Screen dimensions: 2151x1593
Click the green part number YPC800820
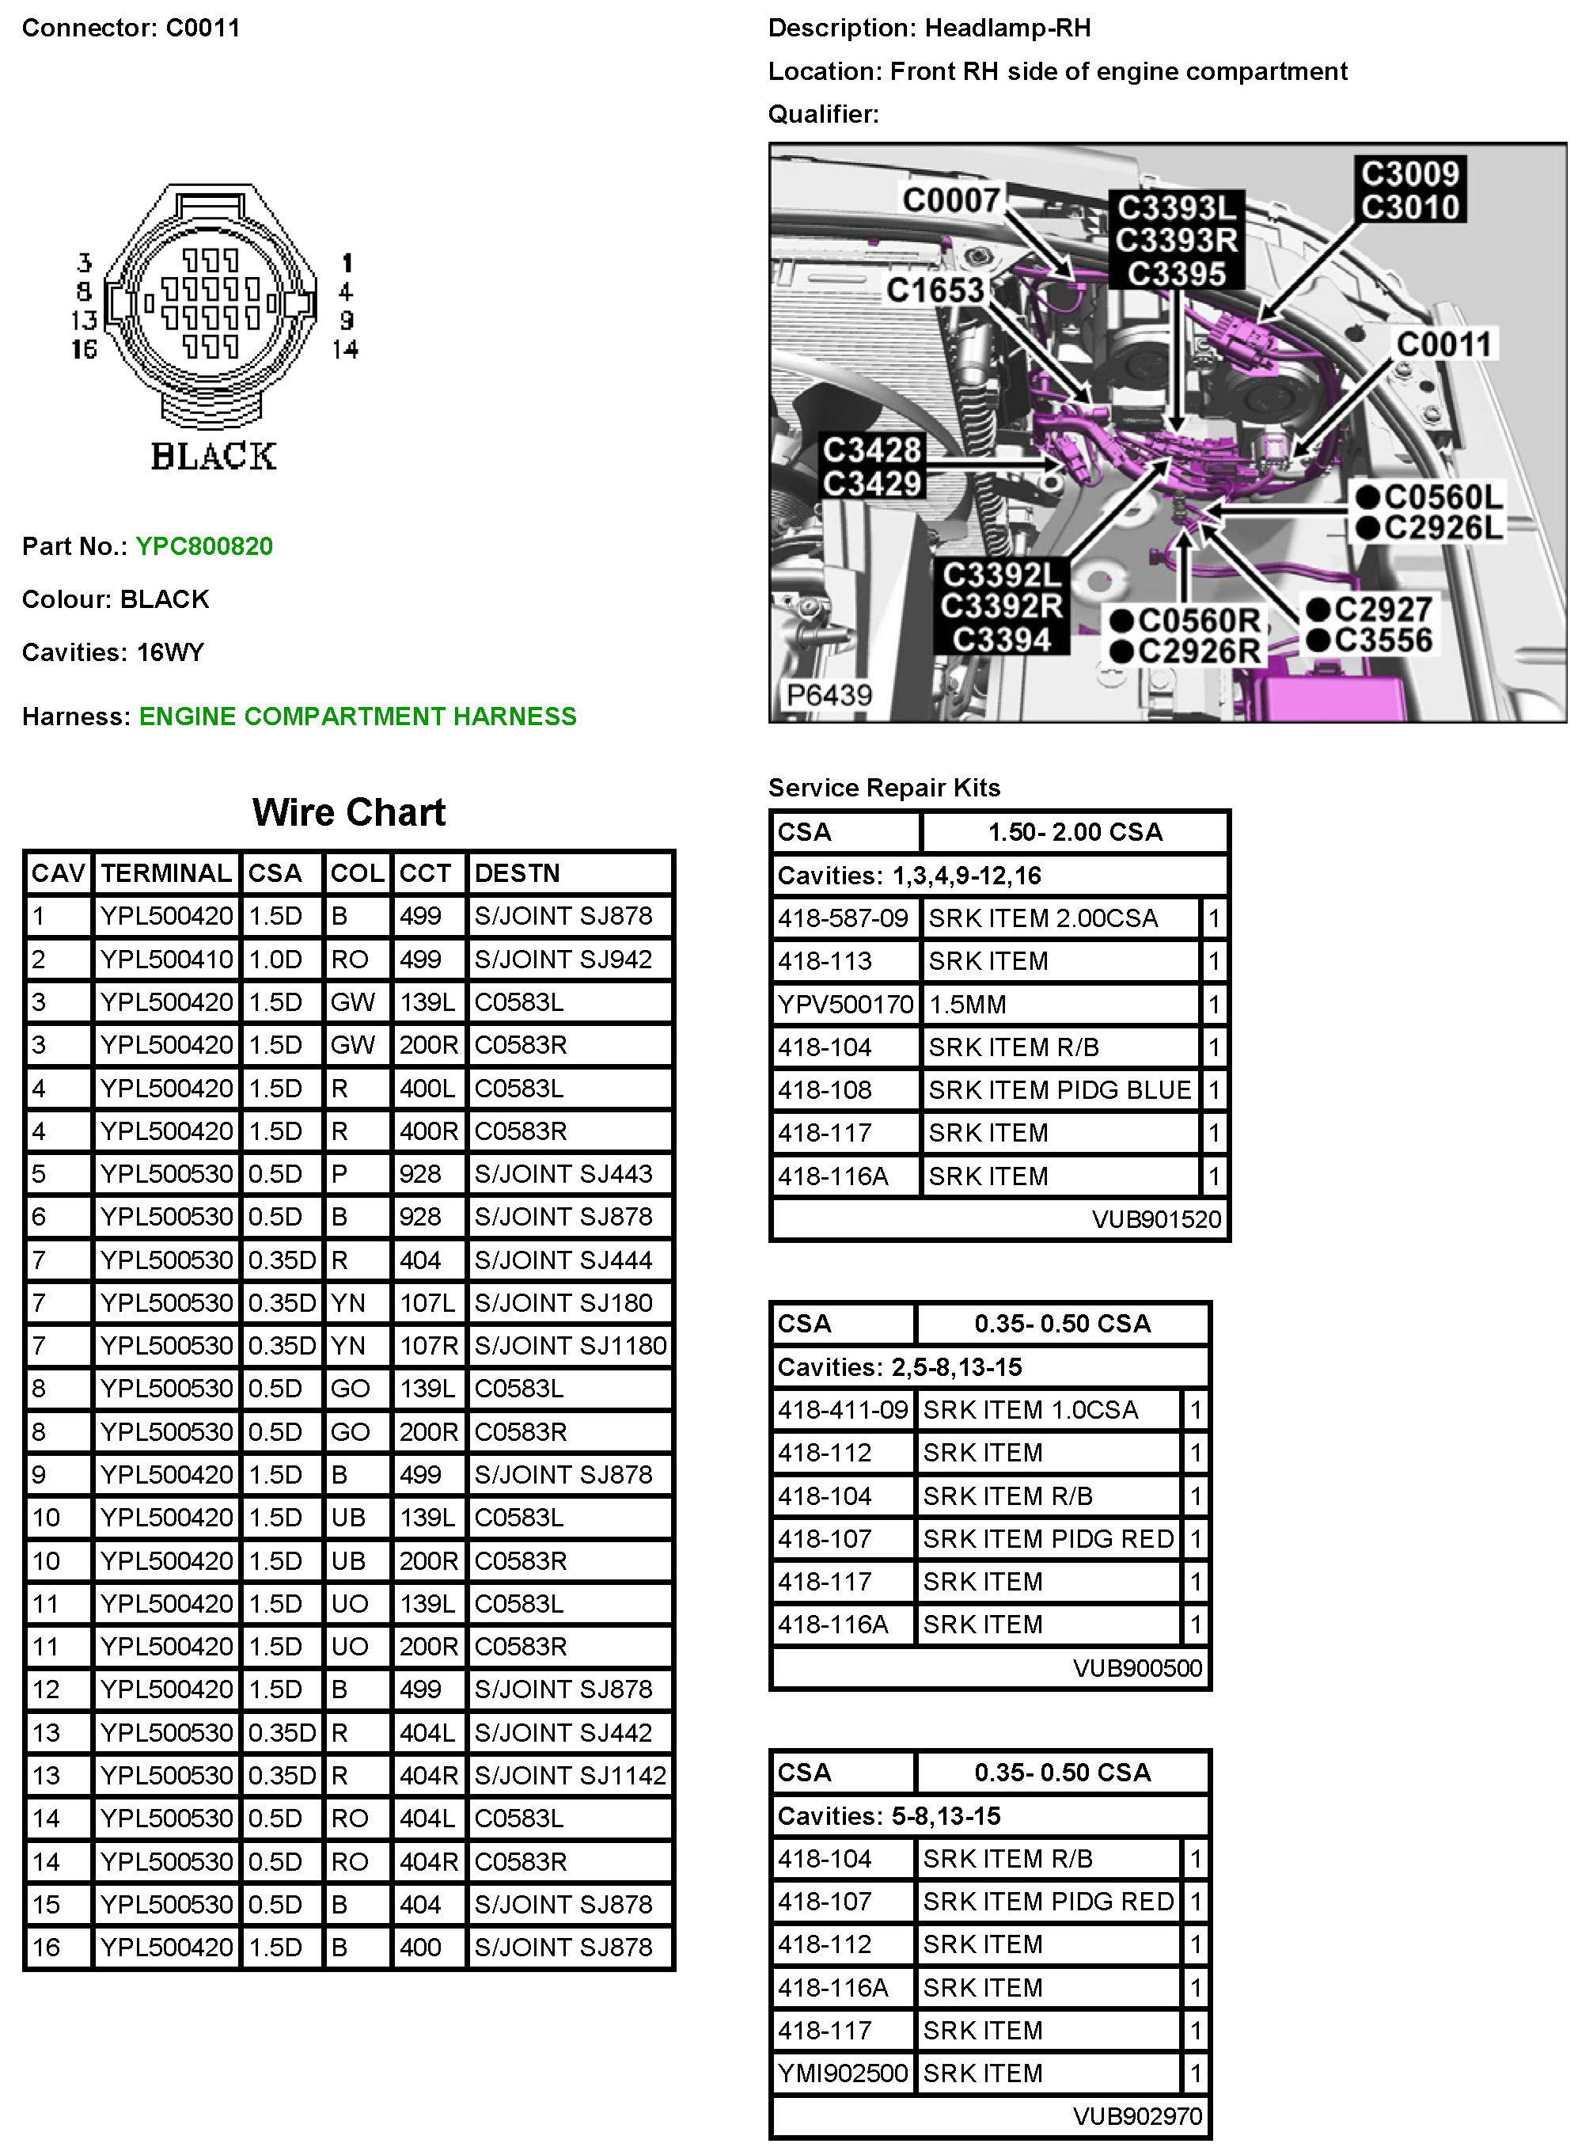click(203, 546)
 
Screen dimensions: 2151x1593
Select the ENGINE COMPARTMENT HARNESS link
click(357, 716)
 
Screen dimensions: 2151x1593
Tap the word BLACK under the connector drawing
click(213, 456)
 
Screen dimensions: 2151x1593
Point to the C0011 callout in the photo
click(1443, 344)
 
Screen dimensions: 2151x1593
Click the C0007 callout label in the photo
click(950, 200)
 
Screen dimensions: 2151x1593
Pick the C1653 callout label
click(935, 291)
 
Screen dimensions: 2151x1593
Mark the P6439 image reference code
click(829, 694)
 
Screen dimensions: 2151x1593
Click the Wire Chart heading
click(348, 812)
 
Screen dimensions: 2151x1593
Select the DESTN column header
click(517, 873)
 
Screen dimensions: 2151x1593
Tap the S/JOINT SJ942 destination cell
click(563, 959)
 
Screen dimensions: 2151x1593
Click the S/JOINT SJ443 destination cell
click(563, 1174)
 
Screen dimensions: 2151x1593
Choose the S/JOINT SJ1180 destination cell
click(570, 1346)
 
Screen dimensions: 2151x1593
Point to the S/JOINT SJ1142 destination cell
click(570, 1775)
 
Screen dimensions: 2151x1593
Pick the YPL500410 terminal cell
click(166, 959)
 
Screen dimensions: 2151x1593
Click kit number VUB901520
click(1156, 1219)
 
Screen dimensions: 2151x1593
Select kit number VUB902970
click(1137, 2115)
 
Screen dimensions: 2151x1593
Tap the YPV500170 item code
click(844, 1004)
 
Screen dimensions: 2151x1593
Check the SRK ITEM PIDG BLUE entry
click(1059, 1090)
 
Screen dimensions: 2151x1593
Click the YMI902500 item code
click(842, 2072)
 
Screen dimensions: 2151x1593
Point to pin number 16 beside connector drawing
click(84, 349)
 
